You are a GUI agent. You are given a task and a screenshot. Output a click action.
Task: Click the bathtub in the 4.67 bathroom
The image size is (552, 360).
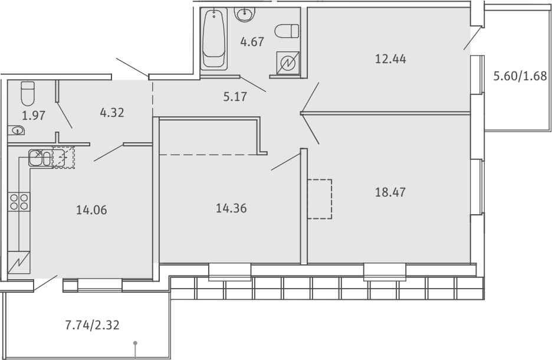[x=213, y=39]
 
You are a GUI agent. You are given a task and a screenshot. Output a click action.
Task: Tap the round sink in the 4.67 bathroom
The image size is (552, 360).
[x=245, y=14]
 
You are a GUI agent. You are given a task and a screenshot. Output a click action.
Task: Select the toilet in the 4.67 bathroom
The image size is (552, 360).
[x=287, y=31]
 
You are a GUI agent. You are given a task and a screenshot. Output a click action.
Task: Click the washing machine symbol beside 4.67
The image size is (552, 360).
[x=288, y=63]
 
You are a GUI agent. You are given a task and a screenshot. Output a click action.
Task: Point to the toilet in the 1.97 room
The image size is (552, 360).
[x=28, y=93]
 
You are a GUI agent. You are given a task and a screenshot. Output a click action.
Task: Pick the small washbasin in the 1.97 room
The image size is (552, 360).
[x=17, y=131]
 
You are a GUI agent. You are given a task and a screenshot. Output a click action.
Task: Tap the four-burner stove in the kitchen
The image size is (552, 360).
[x=19, y=201]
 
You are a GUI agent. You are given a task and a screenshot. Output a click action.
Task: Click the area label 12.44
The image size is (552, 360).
[x=390, y=59]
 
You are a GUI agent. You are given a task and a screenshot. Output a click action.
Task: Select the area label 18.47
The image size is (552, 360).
[x=390, y=192]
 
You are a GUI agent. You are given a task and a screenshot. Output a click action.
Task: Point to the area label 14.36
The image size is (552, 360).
[x=231, y=208]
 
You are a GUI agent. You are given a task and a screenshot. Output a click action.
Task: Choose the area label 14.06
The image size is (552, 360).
[x=91, y=210]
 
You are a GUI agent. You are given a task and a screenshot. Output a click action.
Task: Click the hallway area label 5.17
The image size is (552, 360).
[x=235, y=97]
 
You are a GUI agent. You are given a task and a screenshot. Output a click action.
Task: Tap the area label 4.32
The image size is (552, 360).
[x=112, y=113]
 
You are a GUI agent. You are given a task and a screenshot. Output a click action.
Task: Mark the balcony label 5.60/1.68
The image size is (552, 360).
[x=520, y=76]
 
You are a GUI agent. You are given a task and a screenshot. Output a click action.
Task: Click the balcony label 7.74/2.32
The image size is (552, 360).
[x=93, y=325]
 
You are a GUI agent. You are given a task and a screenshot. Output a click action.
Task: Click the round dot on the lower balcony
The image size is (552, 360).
[x=135, y=343]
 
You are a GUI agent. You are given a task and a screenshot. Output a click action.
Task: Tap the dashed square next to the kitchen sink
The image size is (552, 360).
[x=64, y=158]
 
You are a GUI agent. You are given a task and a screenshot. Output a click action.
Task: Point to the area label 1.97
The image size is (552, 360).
[x=34, y=116]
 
